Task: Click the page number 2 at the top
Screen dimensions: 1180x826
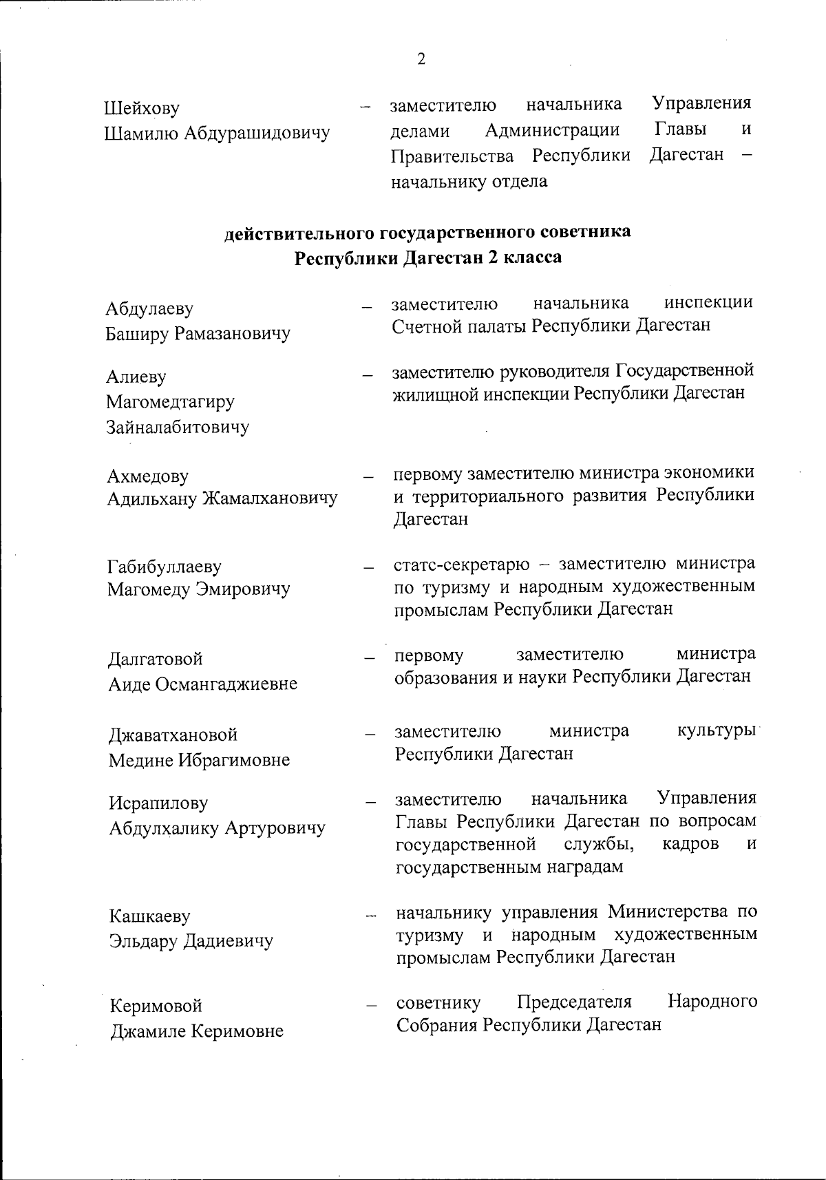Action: click(x=421, y=59)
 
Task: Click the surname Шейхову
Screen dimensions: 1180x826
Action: click(x=142, y=109)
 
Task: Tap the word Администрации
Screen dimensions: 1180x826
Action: click(x=552, y=129)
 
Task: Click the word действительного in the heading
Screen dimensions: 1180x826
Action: click(x=300, y=233)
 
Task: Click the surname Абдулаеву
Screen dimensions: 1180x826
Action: click(x=149, y=309)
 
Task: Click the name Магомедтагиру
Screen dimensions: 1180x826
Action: click(x=170, y=401)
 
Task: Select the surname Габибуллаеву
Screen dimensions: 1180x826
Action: click(x=165, y=567)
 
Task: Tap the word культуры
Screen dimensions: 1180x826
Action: click(x=716, y=730)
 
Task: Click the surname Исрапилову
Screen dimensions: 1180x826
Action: click(x=158, y=803)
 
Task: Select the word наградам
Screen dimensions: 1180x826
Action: click(x=585, y=867)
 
